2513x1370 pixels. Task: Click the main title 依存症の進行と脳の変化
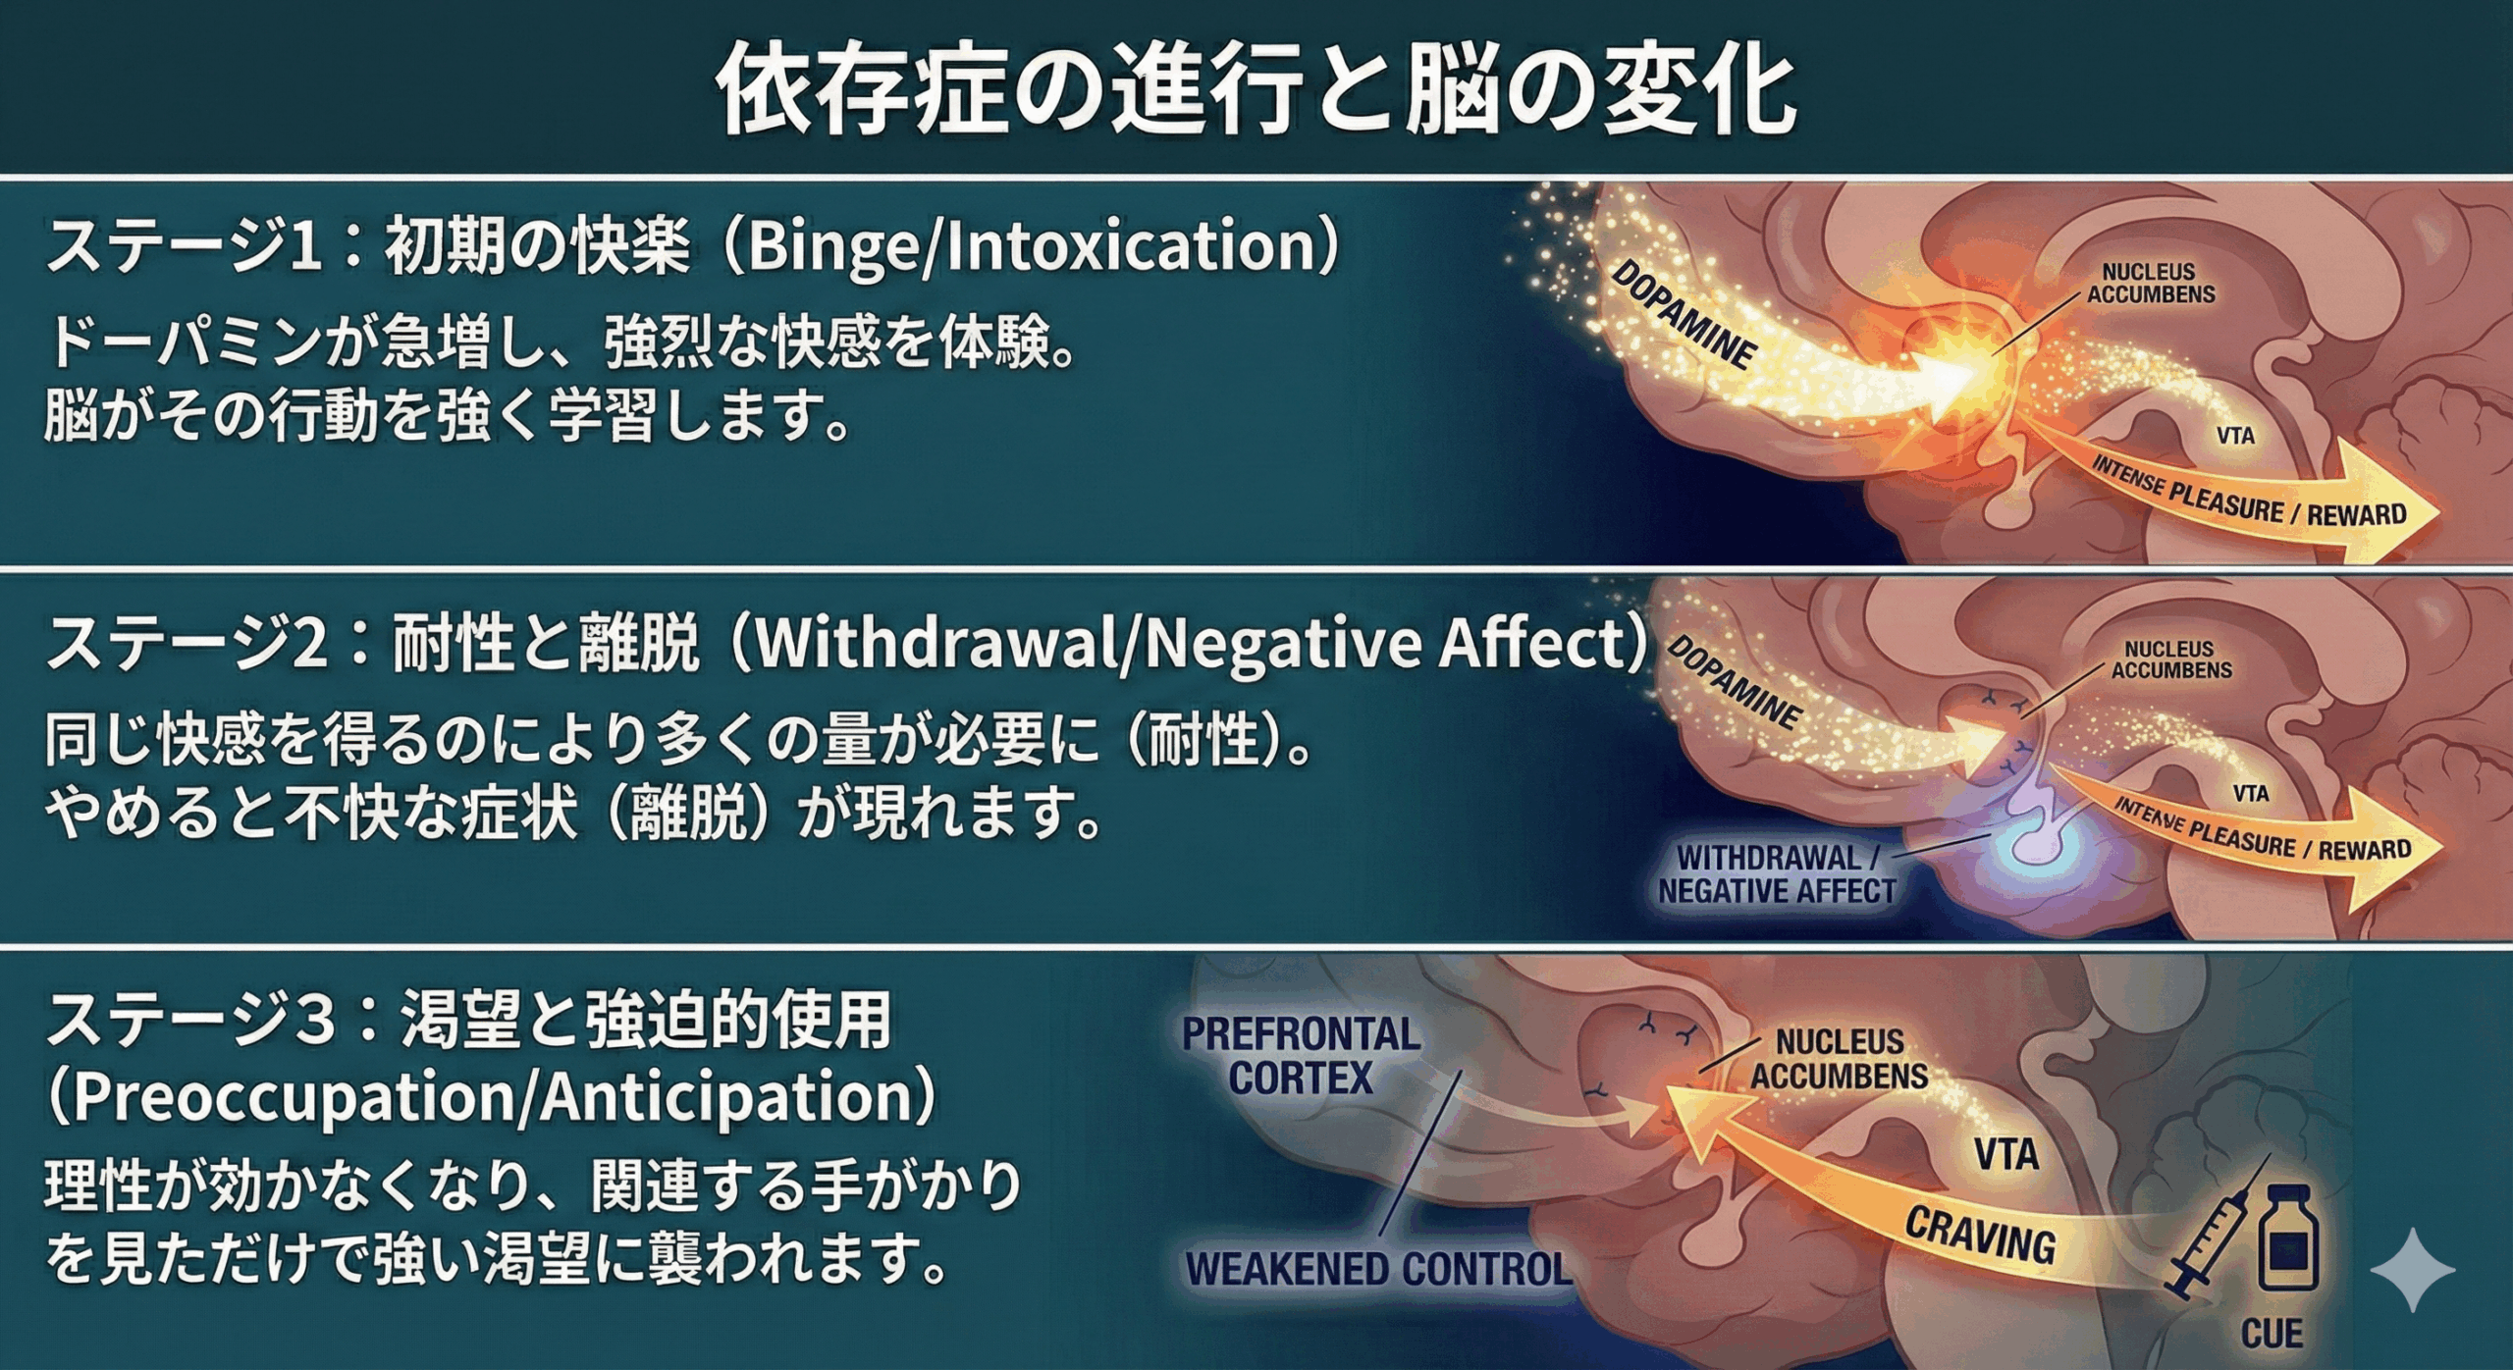click(x=1256, y=90)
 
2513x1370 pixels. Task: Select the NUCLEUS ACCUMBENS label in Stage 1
click(x=2150, y=283)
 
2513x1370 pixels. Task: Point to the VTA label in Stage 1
click(x=2235, y=436)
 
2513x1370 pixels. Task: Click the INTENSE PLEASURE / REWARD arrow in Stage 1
click(x=2248, y=501)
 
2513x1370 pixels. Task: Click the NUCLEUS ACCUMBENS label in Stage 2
click(x=2170, y=659)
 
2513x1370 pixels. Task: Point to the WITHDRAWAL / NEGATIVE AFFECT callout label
click(x=1777, y=874)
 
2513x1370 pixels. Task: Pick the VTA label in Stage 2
click(x=2251, y=793)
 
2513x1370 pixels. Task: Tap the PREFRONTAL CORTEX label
click(x=1301, y=1056)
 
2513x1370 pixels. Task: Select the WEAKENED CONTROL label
click(x=1379, y=1269)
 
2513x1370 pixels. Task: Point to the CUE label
click(x=2272, y=1334)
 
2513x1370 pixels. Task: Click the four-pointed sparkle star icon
click(x=2412, y=1269)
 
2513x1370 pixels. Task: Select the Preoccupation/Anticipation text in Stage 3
click(x=491, y=1097)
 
